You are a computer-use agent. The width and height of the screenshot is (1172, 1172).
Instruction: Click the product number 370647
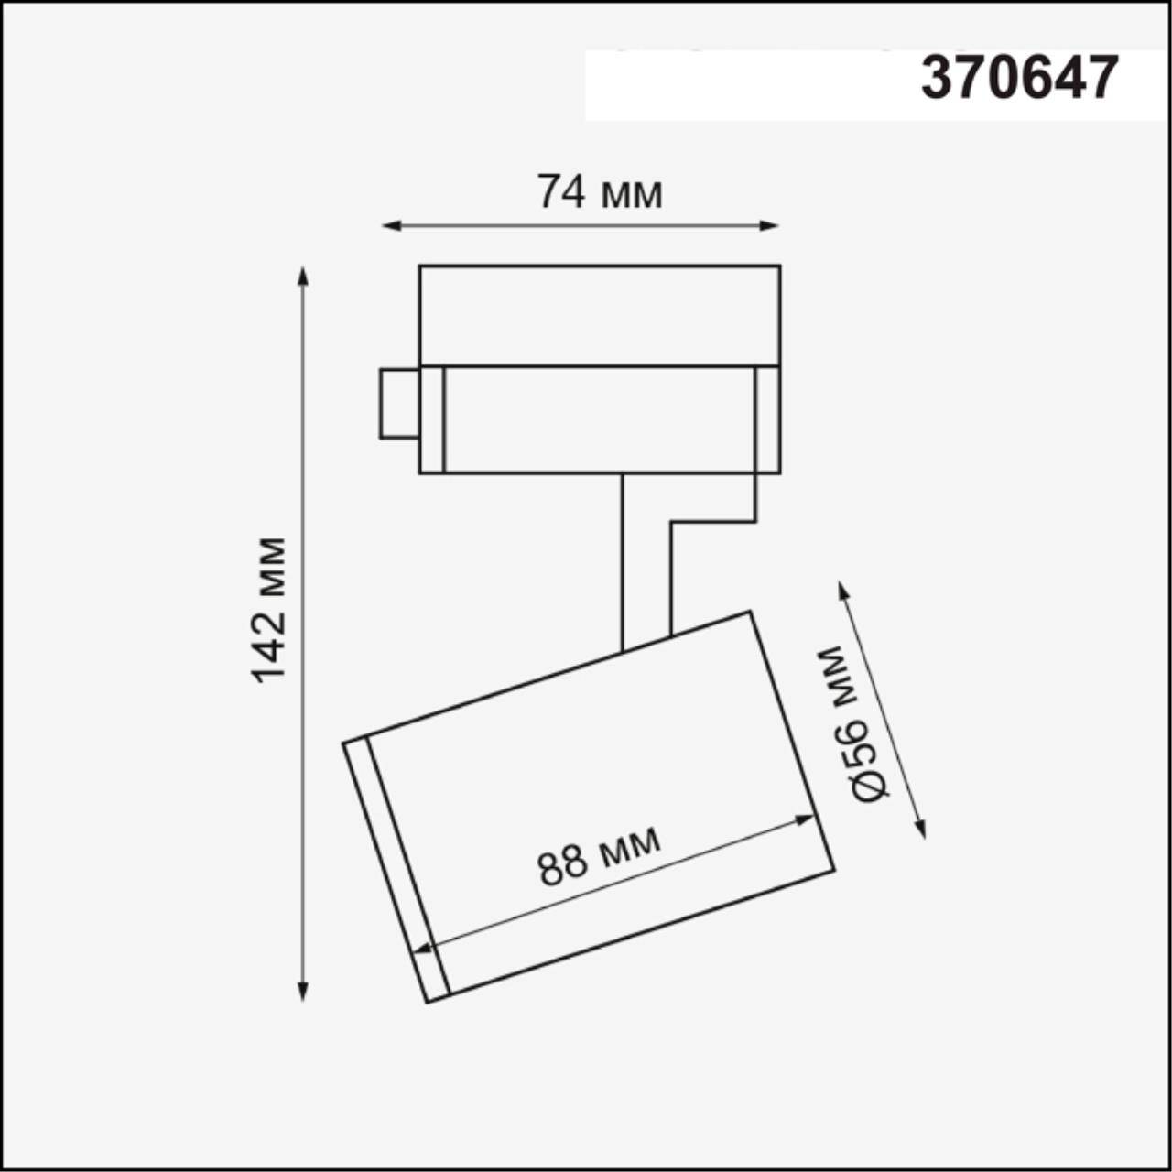1019,79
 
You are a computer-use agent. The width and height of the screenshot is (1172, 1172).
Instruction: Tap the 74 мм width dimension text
600,192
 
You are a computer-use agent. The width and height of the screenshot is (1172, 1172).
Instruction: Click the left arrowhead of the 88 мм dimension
422,950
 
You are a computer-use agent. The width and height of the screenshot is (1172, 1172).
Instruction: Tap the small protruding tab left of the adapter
399,404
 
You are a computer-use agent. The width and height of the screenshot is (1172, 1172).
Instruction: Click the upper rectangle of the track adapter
600,316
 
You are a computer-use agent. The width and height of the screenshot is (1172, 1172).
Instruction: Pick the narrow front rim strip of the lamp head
396,870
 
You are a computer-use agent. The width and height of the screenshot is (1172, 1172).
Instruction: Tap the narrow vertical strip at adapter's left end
432,419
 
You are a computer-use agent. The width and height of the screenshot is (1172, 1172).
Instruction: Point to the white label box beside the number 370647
742,84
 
